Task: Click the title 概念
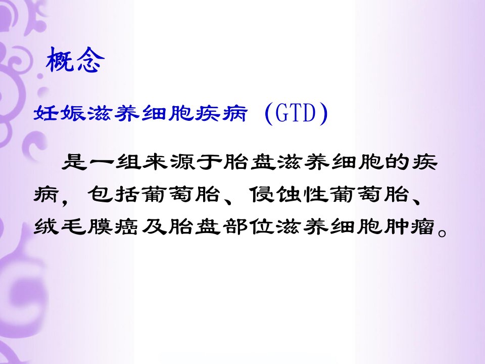tap(75, 60)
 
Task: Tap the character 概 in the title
tap(60, 60)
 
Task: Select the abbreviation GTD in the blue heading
tap(296, 113)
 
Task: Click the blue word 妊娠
tap(59, 113)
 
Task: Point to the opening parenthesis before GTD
tap(269, 114)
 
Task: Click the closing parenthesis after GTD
tap(323, 114)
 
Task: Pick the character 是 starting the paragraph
tap(74, 162)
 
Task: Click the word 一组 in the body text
tap(115, 162)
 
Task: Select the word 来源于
tap(182, 162)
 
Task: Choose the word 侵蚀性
tap(288, 194)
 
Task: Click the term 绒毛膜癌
tap(86, 226)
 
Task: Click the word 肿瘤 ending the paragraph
tap(410, 226)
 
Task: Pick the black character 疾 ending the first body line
tap(424, 162)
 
